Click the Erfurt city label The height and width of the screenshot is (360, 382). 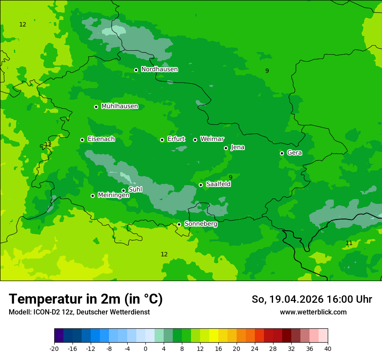pos(176,139)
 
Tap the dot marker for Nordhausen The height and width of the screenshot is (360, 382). pos(136,70)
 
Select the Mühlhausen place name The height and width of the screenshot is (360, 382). pos(119,106)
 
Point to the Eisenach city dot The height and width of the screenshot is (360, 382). pos(82,140)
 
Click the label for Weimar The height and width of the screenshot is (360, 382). pos(212,139)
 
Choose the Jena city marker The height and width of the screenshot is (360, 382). pos(226,148)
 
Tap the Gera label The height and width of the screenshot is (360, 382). pos(294,153)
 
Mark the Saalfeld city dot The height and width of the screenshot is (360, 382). pos(201,185)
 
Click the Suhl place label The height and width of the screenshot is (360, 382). pos(135,190)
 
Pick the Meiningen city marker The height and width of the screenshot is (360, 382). pos(92,196)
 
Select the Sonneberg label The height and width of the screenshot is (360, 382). pos(201,224)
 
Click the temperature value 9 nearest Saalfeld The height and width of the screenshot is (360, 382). pos(231,177)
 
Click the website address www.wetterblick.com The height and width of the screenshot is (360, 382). pos(313,312)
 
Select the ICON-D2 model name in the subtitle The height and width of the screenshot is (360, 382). pos(41,312)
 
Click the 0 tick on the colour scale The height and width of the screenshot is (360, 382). pos(145,349)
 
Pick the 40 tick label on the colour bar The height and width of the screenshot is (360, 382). pos(327,349)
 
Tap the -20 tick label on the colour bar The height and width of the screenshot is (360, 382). pos(54,349)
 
